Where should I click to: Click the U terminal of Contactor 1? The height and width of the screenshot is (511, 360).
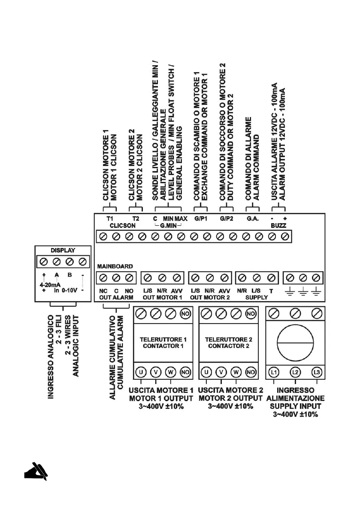[x=141, y=372]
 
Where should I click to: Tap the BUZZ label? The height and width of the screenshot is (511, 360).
[x=278, y=224]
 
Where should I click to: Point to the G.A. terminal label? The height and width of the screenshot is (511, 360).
[x=252, y=218]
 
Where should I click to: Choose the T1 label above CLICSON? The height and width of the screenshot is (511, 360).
[x=110, y=218]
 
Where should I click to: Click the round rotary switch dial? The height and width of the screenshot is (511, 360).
[x=295, y=342]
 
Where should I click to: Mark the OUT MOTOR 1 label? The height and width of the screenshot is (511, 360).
[x=162, y=297]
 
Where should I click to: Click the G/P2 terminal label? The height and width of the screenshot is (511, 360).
[x=226, y=218]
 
